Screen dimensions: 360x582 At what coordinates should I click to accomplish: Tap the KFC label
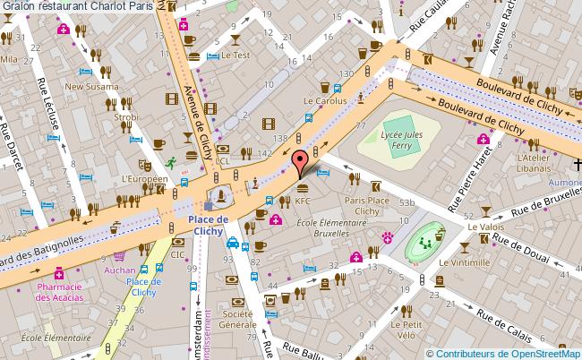click(x=302, y=201)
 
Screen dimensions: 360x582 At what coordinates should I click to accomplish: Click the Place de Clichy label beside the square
click(x=210, y=224)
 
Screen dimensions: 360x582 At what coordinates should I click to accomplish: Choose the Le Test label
click(x=235, y=55)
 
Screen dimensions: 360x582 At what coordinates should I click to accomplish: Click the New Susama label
click(x=85, y=87)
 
